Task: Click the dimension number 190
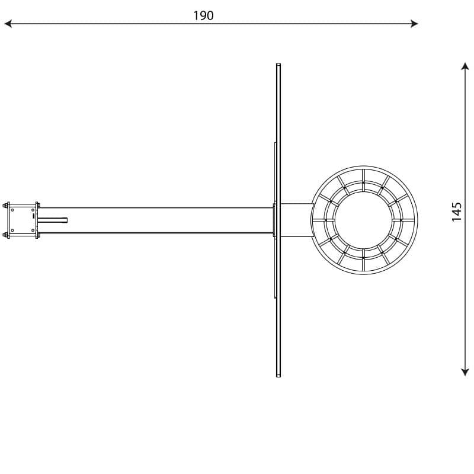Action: point(203,15)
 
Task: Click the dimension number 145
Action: point(456,212)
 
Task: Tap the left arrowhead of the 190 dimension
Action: point(8,24)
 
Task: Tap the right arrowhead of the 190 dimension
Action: point(414,24)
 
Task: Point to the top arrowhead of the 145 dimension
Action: point(465,66)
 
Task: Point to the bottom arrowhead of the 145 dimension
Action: point(465,372)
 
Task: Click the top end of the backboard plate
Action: point(278,64)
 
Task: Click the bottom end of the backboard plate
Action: point(278,376)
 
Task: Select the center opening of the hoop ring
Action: point(364,220)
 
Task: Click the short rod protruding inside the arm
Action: point(52,220)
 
